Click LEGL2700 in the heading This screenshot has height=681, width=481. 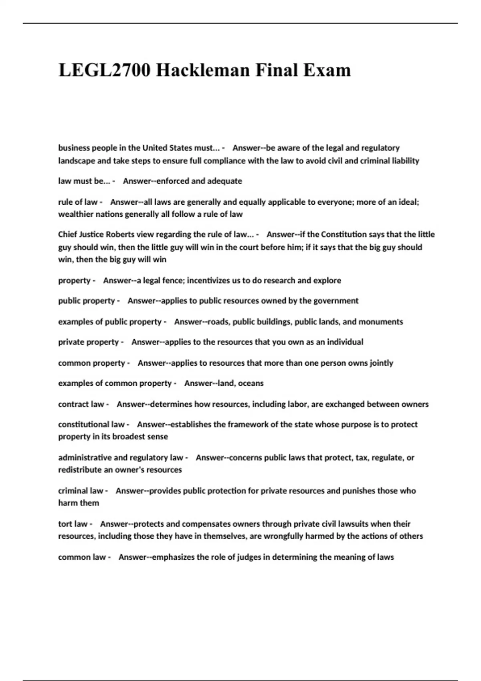(x=105, y=71)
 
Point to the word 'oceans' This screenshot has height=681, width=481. (x=251, y=383)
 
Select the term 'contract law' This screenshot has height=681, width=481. (x=81, y=404)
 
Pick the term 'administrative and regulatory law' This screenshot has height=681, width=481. (x=120, y=457)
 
